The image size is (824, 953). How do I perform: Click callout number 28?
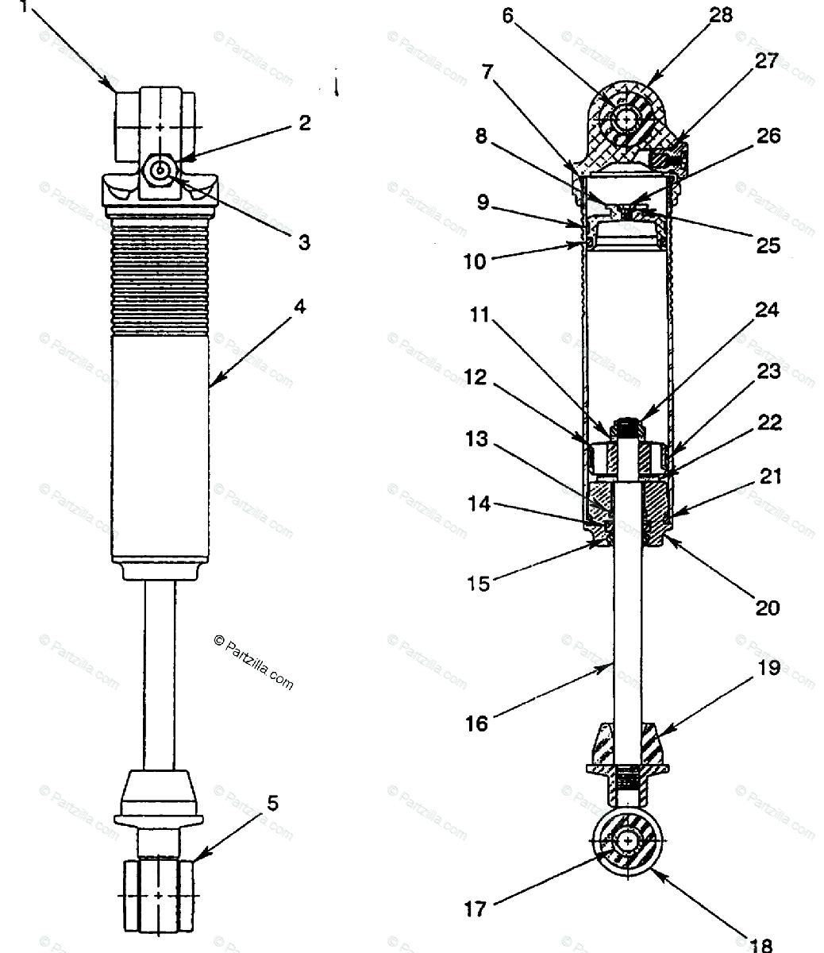(x=722, y=15)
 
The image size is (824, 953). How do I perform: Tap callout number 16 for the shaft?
(x=477, y=723)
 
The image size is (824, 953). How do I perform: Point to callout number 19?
(x=768, y=668)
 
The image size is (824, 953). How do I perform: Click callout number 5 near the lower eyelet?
(x=272, y=803)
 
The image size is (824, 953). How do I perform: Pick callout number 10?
(x=475, y=260)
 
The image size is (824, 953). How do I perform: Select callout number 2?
(x=304, y=122)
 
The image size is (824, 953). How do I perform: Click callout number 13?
(x=476, y=439)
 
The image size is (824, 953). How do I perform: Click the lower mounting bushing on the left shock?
(x=159, y=894)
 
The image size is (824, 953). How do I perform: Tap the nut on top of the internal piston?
(x=628, y=427)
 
